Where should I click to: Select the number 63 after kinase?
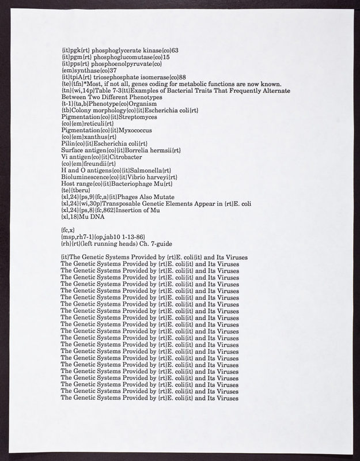click(175, 51)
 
